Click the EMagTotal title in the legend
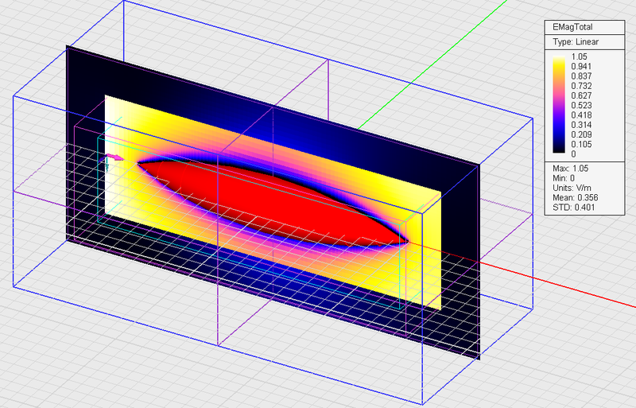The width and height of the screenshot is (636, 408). click(572, 27)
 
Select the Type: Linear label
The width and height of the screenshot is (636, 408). click(576, 42)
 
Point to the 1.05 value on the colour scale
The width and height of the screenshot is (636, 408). click(580, 56)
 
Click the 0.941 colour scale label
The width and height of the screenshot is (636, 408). click(581, 66)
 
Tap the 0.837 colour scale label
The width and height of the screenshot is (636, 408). click(581, 76)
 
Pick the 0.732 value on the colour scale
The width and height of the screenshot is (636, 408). click(581, 86)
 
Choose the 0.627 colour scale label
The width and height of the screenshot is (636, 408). click(581, 95)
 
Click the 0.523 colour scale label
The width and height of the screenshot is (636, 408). click(581, 105)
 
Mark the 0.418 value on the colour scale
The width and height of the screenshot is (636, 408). click(581, 115)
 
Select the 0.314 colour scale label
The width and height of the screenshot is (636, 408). click(581, 125)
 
